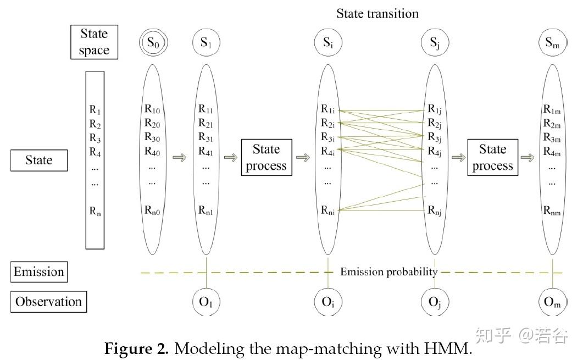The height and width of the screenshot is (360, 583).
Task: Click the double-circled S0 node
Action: click(x=152, y=43)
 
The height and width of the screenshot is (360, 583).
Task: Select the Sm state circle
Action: click(x=552, y=43)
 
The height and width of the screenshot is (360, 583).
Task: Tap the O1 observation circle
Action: click(x=206, y=302)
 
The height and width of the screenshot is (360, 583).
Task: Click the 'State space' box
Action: click(x=94, y=42)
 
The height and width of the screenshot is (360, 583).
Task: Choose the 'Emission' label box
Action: click(x=39, y=272)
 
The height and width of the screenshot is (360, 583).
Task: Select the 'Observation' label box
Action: click(x=48, y=301)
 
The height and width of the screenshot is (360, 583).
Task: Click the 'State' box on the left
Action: click(x=39, y=160)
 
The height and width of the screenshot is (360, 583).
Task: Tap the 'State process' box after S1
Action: click(x=266, y=158)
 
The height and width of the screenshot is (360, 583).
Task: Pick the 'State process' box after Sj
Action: click(x=492, y=158)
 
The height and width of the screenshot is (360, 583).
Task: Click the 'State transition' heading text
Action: click(x=378, y=14)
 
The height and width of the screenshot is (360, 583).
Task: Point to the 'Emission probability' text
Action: click(x=388, y=272)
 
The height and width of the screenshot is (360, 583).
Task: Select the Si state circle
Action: click(x=327, y=43)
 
